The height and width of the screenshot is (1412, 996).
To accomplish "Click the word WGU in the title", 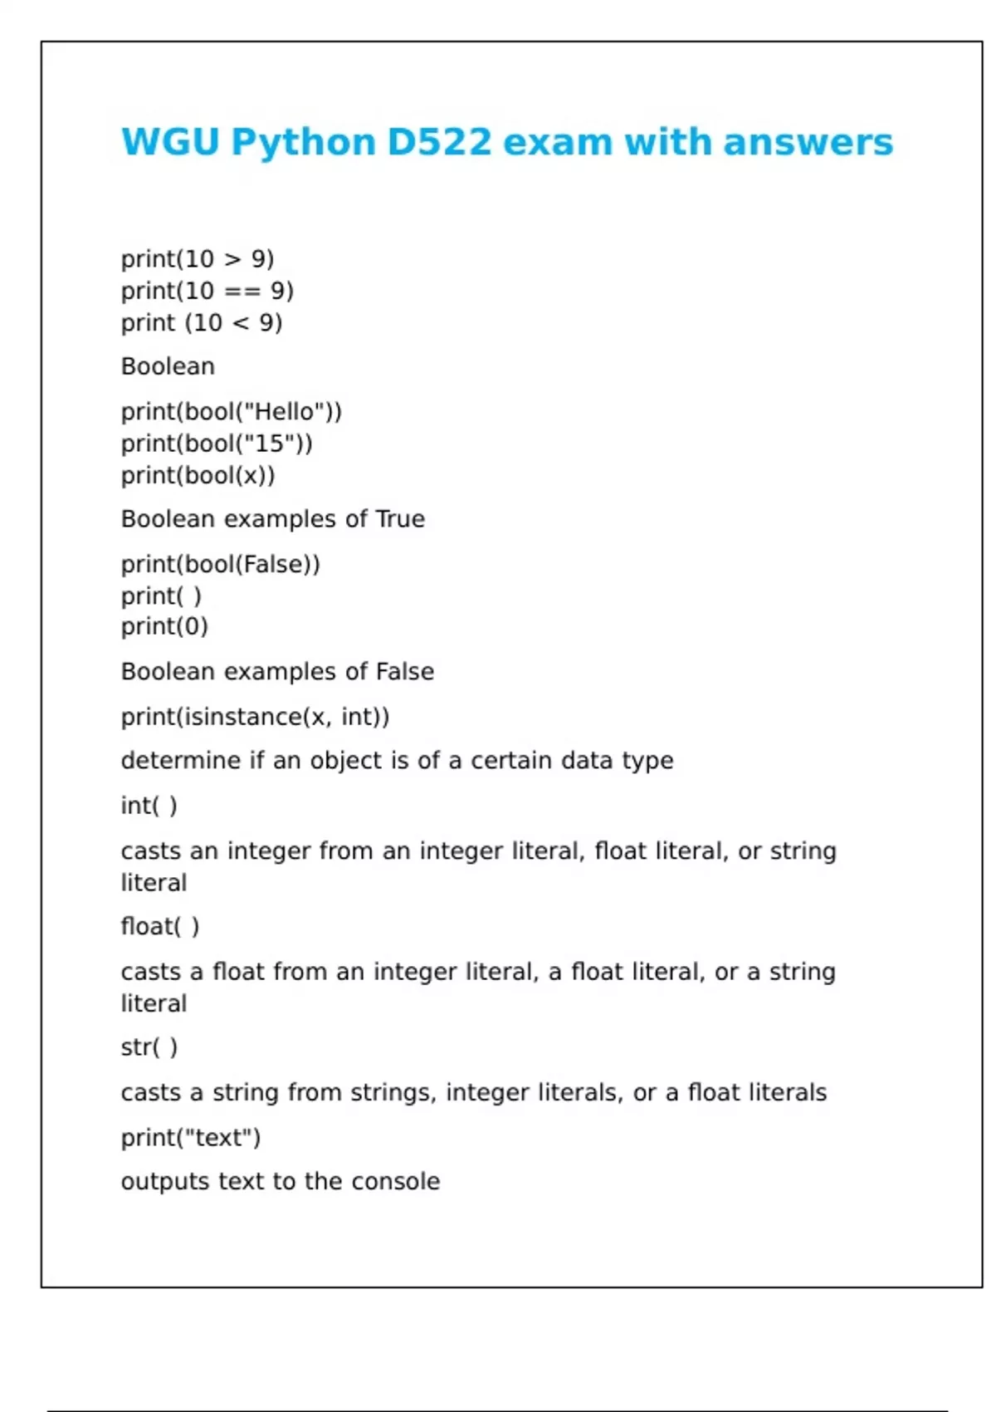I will (170, 142).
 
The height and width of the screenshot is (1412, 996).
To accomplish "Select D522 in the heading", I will (439, 142).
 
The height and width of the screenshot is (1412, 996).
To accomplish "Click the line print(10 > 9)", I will (198, 259).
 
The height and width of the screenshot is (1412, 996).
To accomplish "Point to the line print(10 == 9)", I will (207, 291).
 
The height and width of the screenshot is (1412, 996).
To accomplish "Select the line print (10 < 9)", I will (202, 322).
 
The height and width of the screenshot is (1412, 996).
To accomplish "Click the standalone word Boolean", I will (168, 366).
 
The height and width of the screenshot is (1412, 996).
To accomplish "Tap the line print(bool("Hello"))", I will (232, 412).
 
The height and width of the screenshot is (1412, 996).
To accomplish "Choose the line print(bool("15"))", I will (217, 444).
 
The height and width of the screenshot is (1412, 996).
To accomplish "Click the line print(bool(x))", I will (198, 475).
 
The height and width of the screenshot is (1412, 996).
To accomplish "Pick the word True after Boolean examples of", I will (400, 519).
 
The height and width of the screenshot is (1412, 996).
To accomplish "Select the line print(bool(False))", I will (220, 565).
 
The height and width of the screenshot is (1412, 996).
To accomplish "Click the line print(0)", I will (164, 626).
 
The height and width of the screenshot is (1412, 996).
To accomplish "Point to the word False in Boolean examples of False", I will (405, 671).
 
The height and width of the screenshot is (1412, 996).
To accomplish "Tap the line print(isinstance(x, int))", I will (255, 717).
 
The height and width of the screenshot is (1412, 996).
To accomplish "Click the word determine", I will (181, 761).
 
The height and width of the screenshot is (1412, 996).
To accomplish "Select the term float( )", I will (160, 926).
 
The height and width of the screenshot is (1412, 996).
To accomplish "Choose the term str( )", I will (149, 1047).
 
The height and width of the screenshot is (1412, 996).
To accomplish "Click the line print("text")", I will (191, 1138).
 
